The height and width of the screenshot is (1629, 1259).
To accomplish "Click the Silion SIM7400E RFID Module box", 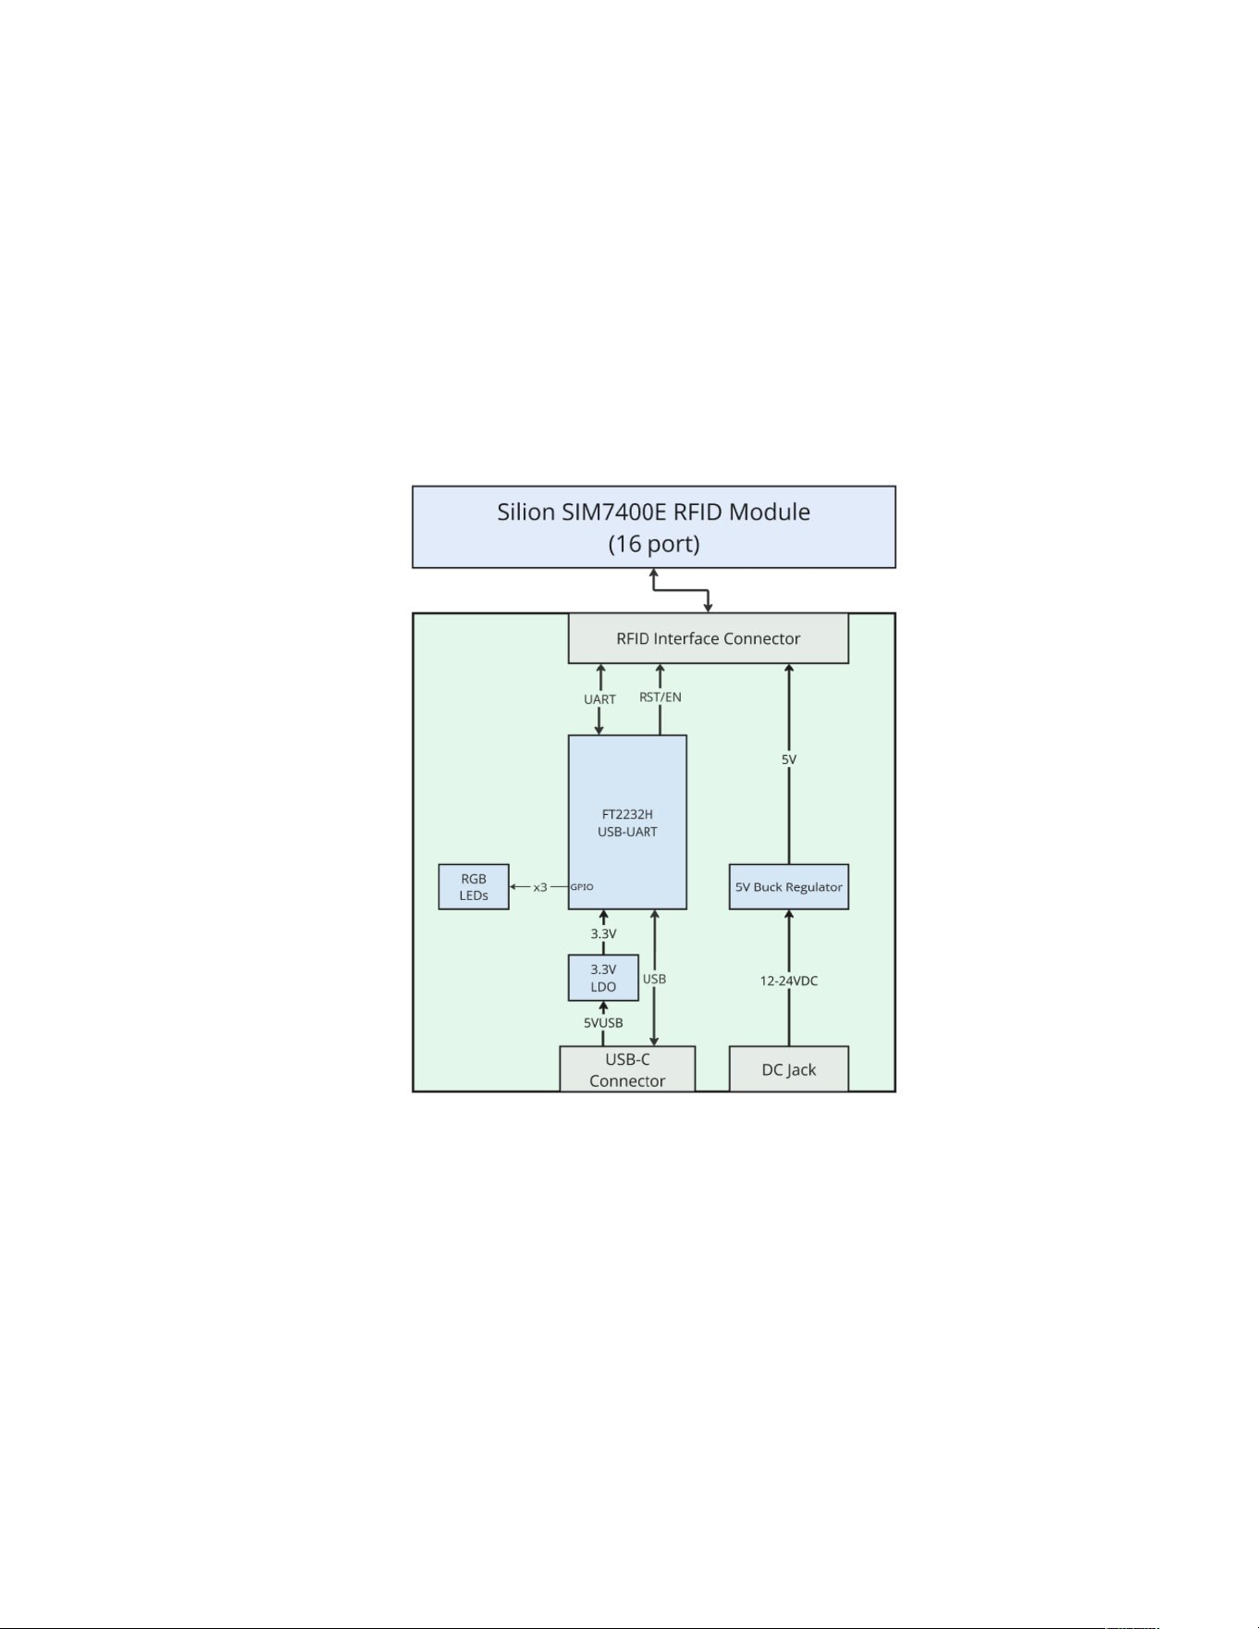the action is coord(653,526).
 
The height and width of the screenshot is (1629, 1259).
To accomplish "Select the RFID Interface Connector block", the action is coord(708,638).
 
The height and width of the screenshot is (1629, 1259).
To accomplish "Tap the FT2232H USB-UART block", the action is coord(627,822).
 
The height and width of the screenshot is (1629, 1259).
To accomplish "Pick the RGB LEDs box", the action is coord(474,887).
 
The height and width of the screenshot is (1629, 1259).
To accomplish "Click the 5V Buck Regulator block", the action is coord(788,887).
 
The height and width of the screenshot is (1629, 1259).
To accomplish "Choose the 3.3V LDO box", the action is coord(603,978).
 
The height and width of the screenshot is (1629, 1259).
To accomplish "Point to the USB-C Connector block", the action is coord(627,1069).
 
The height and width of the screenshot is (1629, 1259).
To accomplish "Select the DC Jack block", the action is coord(788,1069).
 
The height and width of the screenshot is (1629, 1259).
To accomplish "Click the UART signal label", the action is coord(599,699).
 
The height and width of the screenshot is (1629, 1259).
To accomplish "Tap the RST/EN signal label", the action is coord(660,697).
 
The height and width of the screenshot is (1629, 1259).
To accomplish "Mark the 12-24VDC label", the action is coord(789,981).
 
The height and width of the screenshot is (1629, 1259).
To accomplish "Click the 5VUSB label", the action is coord(603,1023).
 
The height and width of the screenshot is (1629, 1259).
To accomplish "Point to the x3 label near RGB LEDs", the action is coord(540,887).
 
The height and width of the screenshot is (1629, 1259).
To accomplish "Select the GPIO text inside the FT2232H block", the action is coord(582,887).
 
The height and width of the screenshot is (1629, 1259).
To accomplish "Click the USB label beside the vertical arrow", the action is coord(654,979).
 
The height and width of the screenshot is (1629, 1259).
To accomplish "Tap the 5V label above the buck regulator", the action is coord(789,759).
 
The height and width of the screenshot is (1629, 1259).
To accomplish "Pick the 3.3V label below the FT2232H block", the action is coord(603,934).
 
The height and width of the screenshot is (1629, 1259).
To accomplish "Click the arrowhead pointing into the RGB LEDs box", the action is coord(513,887).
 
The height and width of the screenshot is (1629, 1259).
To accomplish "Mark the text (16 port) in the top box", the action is coord(653,544).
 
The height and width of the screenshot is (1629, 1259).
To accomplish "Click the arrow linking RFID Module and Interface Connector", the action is coord(681,590).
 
